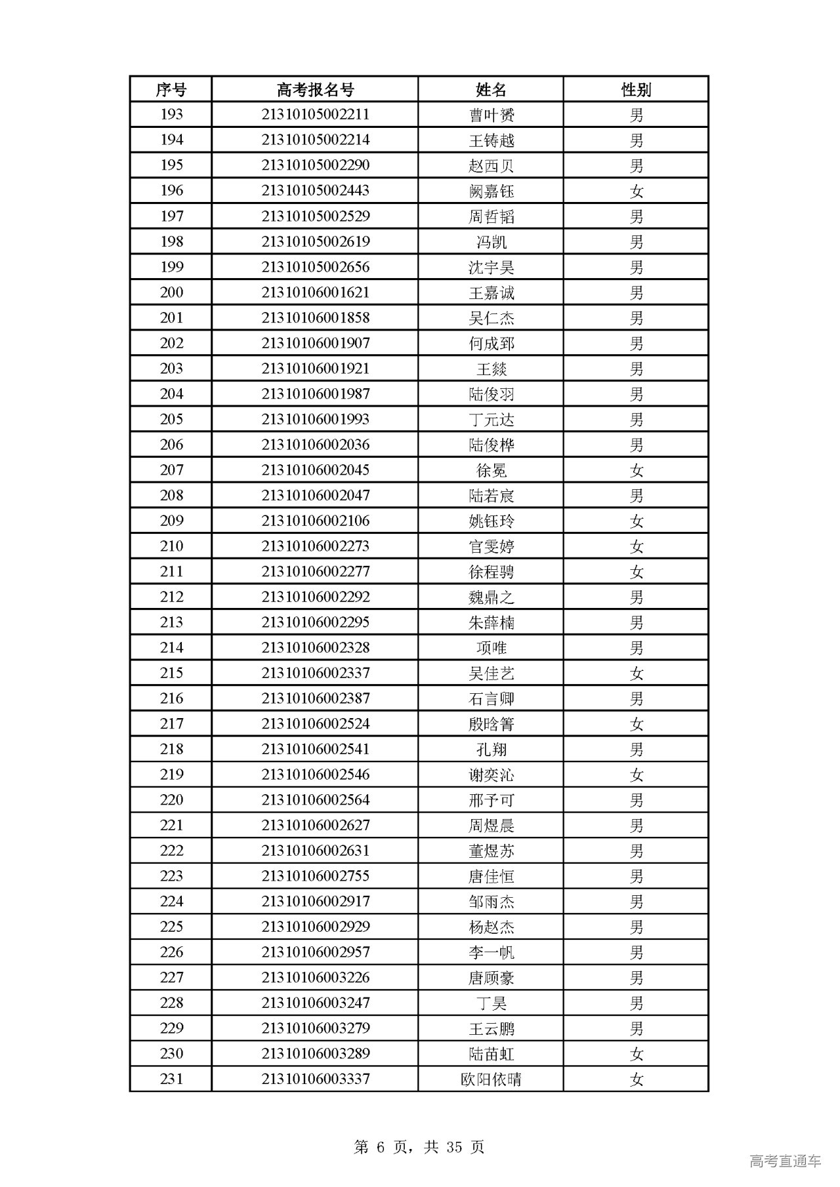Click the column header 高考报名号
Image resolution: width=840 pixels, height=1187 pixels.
(315, 89)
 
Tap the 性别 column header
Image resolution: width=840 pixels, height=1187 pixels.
(636, 89)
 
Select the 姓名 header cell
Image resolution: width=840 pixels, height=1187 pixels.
(491, 89)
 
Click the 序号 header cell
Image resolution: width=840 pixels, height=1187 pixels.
(171, 89)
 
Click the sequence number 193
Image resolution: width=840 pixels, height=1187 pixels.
(171, 115)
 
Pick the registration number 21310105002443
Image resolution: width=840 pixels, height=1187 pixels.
(315, 191)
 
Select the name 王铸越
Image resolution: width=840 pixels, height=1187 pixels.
(491, 140)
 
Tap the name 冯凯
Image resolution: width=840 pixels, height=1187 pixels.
(491, 242)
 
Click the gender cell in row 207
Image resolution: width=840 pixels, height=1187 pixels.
(636, 470)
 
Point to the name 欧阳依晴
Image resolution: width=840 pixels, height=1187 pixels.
(491, 1079)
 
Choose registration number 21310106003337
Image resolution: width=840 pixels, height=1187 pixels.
(315, 1079)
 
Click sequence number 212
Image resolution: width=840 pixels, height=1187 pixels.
(171, 597)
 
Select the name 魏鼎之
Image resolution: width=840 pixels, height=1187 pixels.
(491, 597)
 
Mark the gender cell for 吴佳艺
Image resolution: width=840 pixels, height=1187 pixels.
(636, 673)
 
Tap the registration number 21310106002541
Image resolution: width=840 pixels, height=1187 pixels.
(315, 749)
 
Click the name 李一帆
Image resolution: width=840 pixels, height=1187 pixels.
(491, 952)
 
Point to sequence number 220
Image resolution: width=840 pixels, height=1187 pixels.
(171, 800)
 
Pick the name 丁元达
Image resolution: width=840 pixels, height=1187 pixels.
(491, 420)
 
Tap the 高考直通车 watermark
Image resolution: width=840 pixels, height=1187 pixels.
(785, 1161)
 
